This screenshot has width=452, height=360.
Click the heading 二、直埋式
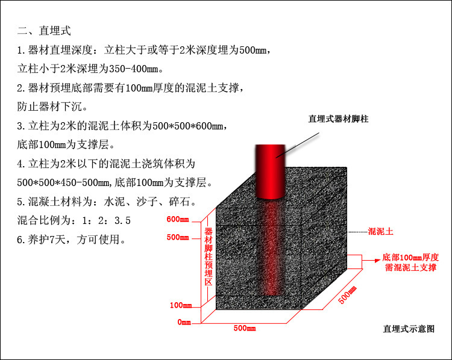point(45,31)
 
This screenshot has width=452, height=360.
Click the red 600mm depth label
point(178,219)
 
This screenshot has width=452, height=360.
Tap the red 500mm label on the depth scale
point(178,238)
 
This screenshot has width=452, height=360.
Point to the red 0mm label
point(184,323)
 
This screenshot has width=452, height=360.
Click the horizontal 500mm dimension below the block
point(245,329)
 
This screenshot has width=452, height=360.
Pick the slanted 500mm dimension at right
point(347,295)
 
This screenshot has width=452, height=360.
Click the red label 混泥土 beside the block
point(380,231)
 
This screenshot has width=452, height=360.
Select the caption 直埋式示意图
point(408,329)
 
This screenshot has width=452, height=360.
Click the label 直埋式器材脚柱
point(338,119)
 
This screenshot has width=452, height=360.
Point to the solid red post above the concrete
point(270,172)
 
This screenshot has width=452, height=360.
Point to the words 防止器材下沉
point(52,107)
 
